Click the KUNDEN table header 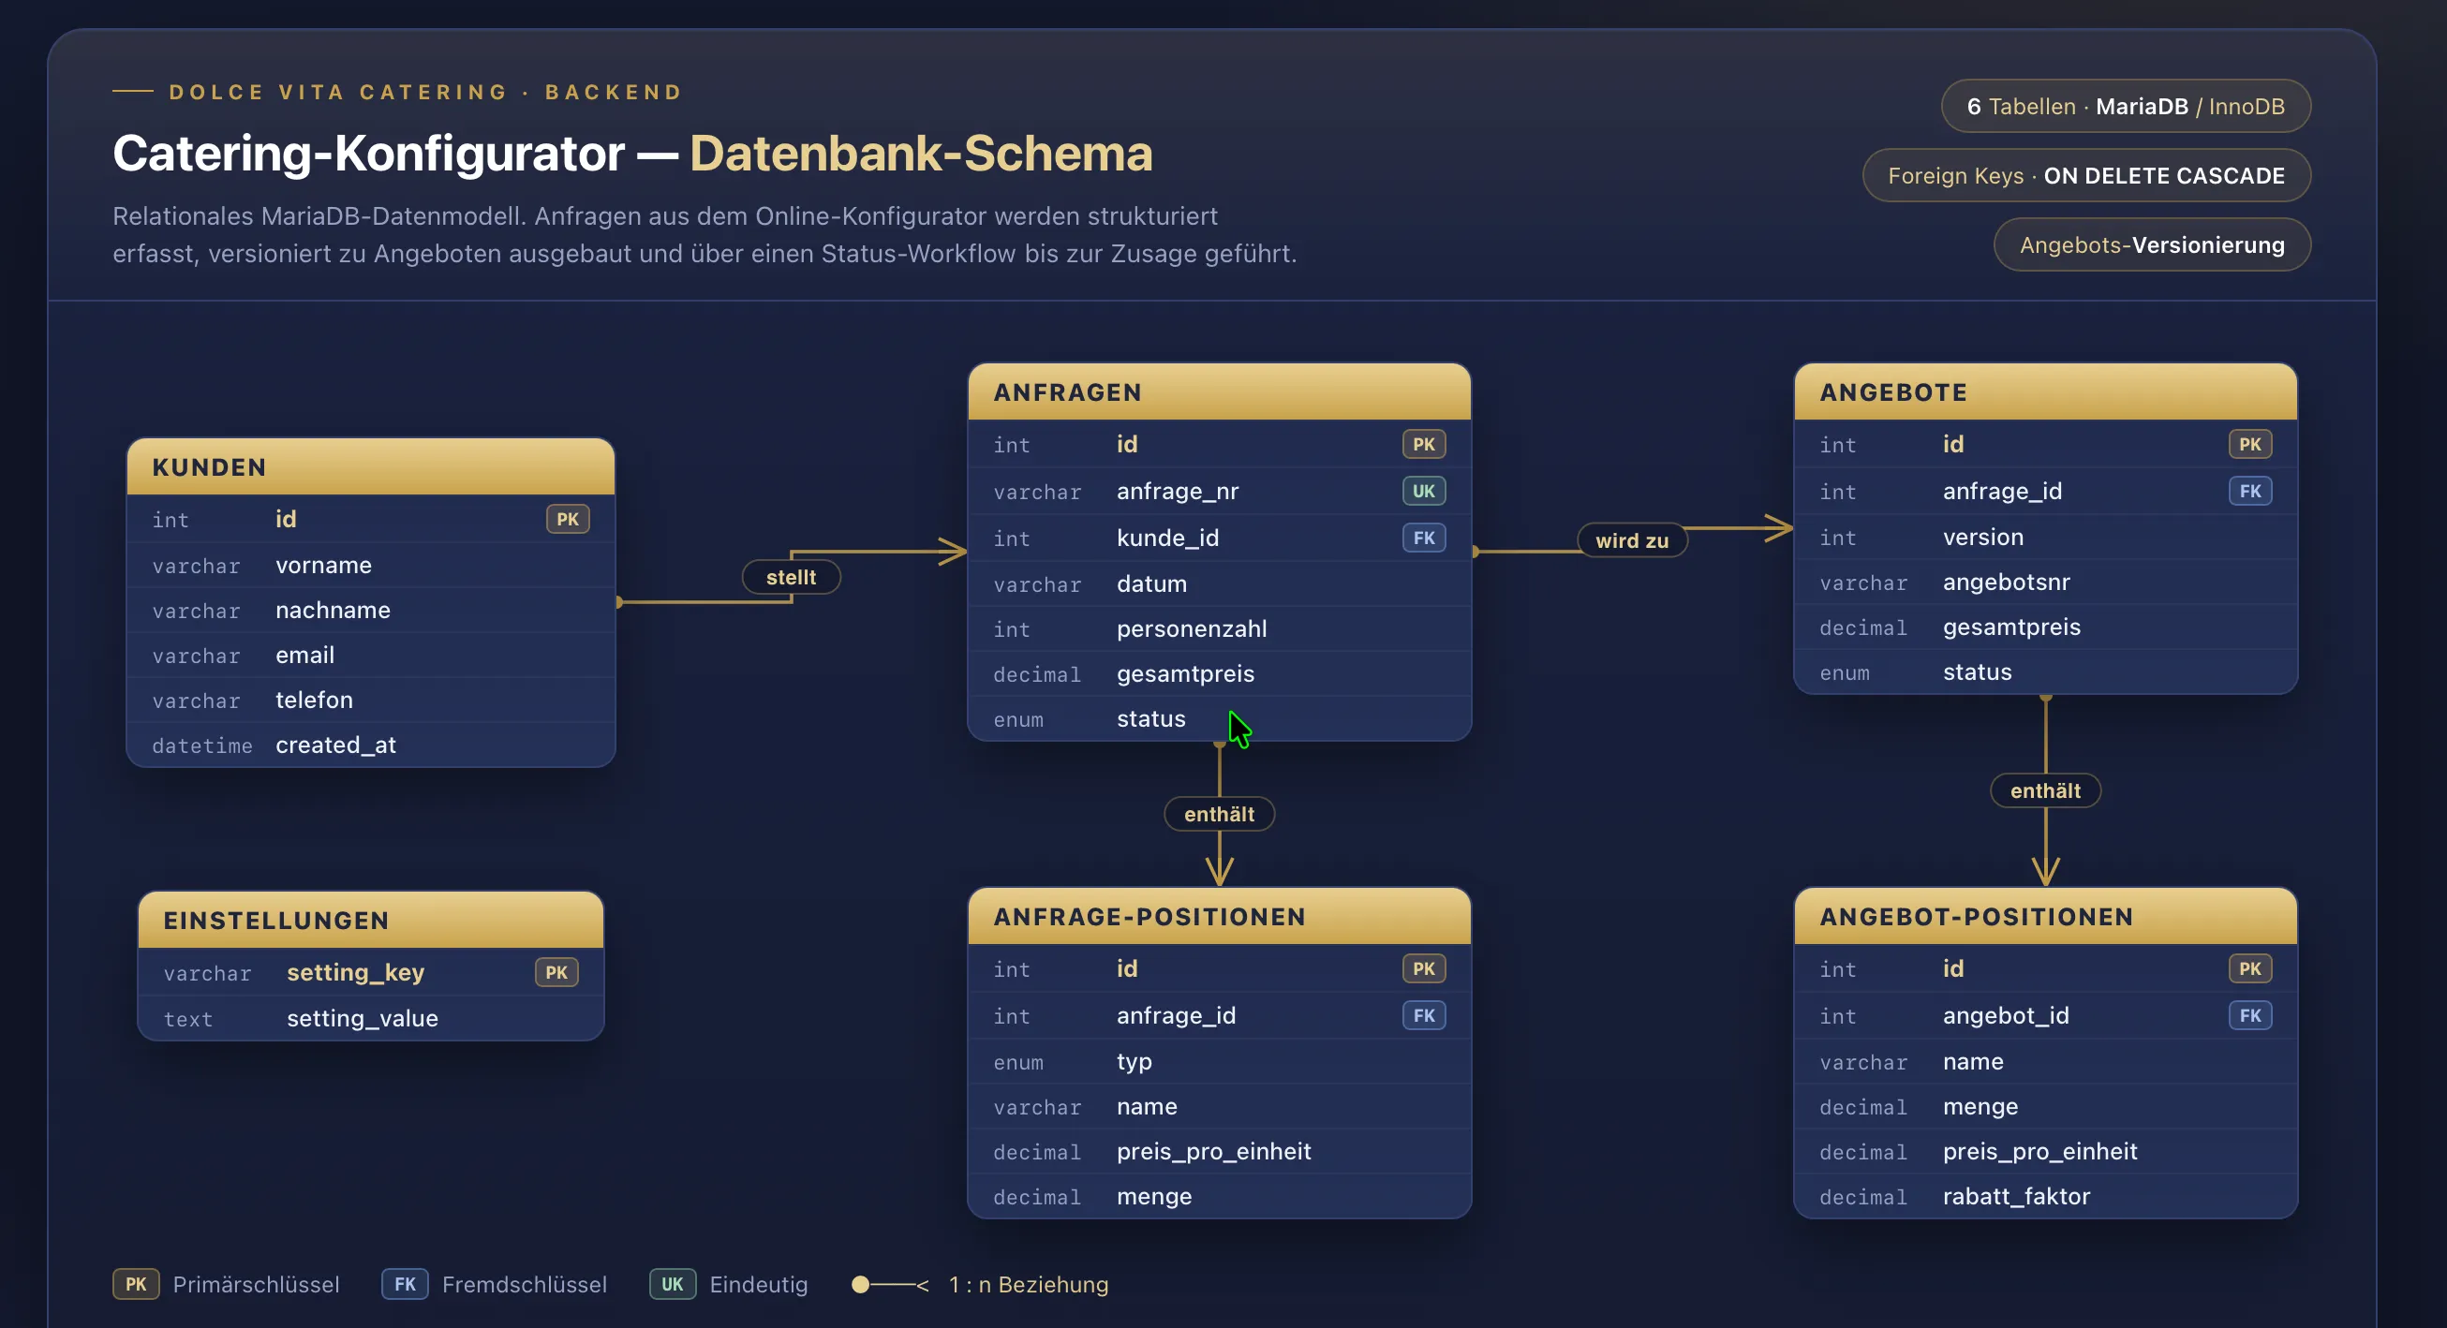click(370, 466)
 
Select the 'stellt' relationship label click(791, 577)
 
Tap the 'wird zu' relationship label click(1631, 540)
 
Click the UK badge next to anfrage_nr click(1423, 491)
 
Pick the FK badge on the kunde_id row click(1423, 538)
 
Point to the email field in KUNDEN click(304, 656)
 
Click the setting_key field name click(355, 973)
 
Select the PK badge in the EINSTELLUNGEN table click(556, 972)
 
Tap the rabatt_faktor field click(2016, 1196)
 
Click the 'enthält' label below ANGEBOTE click(2045, 790)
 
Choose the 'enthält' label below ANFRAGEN click(1219, 814)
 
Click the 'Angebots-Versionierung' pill click(2152, 245)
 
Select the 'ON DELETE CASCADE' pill click(2086, 176)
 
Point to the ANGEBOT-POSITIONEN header click(2045, 916)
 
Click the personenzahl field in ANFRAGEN click(1192, 628)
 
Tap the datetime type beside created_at click(202, 745)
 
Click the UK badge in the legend click(673, 1284)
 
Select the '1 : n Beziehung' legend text click(1028, 1284)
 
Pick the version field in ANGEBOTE click(1982, 537)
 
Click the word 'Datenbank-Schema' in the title click(921, 153)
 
